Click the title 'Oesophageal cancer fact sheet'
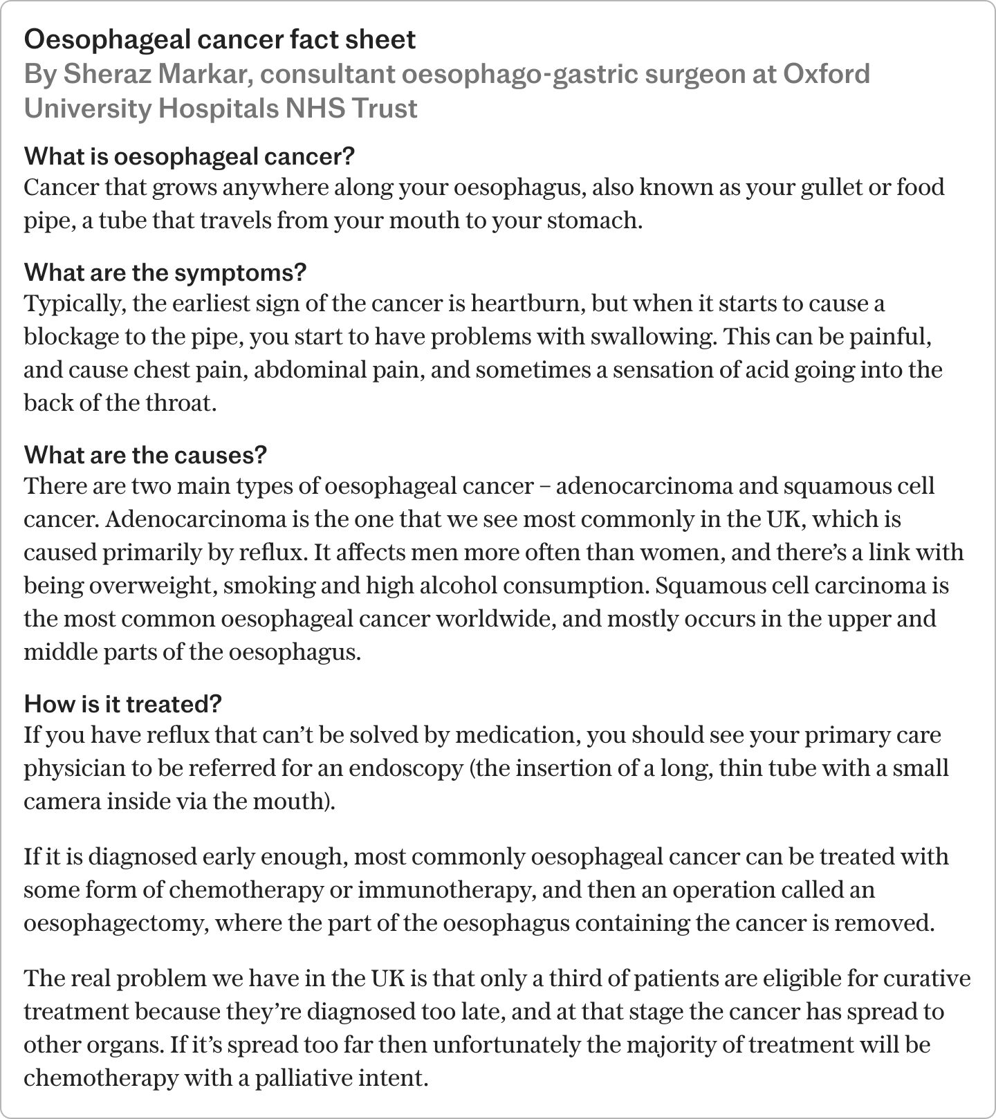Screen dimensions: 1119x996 pyautogui.click(x=220, y=39)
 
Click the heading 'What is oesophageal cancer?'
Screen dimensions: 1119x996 pyautogui.click(x=189, y=156)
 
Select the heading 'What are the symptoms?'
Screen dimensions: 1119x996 pyautogui.click(x=165, y=272)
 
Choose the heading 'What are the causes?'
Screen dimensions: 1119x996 pyautogui.click(x=145, y=455)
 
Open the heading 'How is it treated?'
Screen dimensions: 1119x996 pyautogui.click(x=122, y=704)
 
